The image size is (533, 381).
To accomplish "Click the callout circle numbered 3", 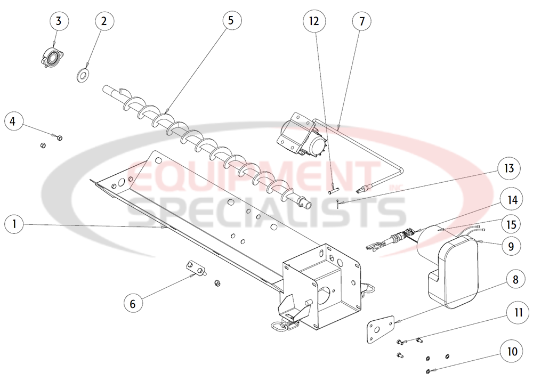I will pos(59,22).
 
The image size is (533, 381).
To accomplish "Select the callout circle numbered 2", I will pos(104,22).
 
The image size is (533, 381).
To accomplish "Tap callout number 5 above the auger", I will pos(230,22).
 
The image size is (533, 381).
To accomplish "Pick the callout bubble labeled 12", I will pos(314,22).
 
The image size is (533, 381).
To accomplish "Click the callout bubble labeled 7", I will pos(362,22).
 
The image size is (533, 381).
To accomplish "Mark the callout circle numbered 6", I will pos(133,303).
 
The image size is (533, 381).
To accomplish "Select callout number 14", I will pos(512,201).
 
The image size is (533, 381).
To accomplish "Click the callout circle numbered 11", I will pos(511,313).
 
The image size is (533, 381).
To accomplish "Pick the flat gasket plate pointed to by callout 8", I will pos(379,330).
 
